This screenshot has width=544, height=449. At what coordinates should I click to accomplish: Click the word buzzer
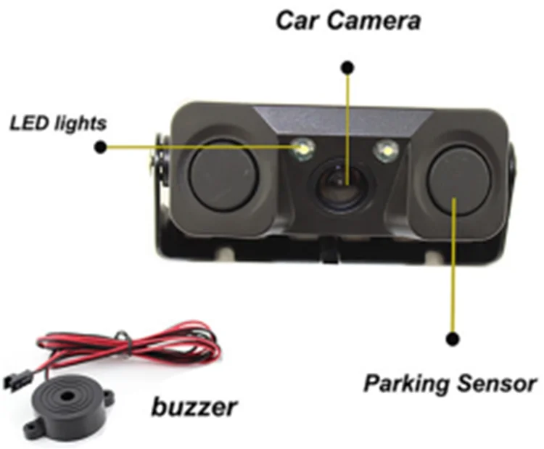click(194, 407)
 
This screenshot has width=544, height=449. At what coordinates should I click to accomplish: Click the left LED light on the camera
click(302, 149)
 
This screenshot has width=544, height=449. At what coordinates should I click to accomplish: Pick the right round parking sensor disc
click(456, 177)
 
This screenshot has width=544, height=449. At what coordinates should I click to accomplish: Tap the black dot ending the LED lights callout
click(100, 147)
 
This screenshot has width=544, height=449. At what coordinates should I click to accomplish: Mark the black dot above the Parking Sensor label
click(453, 338)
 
